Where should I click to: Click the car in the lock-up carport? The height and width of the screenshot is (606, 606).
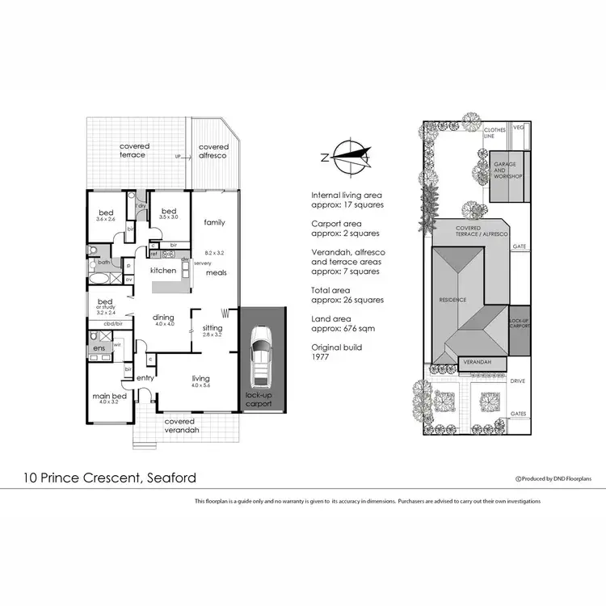click(263, 356)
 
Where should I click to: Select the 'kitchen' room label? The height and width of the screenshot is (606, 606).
click(163, 270)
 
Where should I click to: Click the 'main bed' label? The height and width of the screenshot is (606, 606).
click(108, 396)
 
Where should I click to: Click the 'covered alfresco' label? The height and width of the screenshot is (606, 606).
click(214, 151)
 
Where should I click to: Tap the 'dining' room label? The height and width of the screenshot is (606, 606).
click(164, 318)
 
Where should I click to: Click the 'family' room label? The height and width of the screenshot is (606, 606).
click(214, 222)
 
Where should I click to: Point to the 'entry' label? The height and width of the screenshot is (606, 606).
click(145, 378)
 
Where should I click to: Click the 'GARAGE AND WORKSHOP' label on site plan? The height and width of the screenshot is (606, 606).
click(509, 170)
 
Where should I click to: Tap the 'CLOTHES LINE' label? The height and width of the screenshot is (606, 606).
click(489, 133)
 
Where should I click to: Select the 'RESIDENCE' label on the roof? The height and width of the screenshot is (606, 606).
click(452, 300)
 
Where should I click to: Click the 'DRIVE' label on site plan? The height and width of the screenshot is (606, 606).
click(518, 380)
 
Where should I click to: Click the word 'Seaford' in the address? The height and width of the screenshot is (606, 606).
click(169, 478)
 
